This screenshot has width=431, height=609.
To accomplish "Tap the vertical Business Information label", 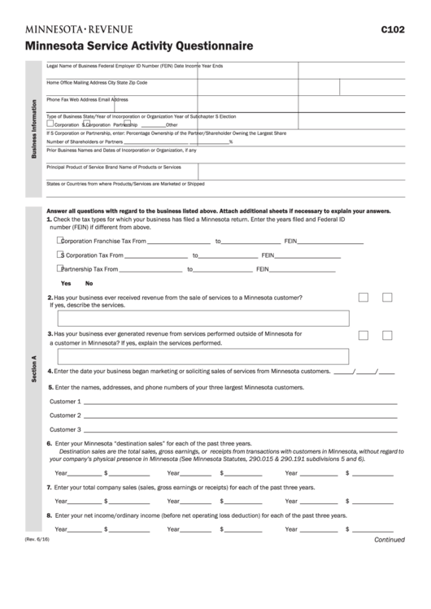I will tap(33, 131).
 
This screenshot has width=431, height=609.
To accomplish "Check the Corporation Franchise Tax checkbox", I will tap(60, 241).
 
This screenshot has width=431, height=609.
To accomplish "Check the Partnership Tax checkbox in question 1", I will tap(60, 268).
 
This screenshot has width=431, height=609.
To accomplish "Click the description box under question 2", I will tap(199, 318).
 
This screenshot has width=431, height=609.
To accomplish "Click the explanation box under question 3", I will tap(199, 355).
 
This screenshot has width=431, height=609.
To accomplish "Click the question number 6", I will tap(49, 443).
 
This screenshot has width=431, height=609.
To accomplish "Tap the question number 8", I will tap(49, 516).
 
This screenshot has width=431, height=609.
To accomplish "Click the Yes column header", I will tap(66, 283).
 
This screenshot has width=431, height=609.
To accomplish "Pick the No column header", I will tap(89, 283).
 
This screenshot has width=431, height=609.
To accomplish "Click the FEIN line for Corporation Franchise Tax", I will tap(331, 242).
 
